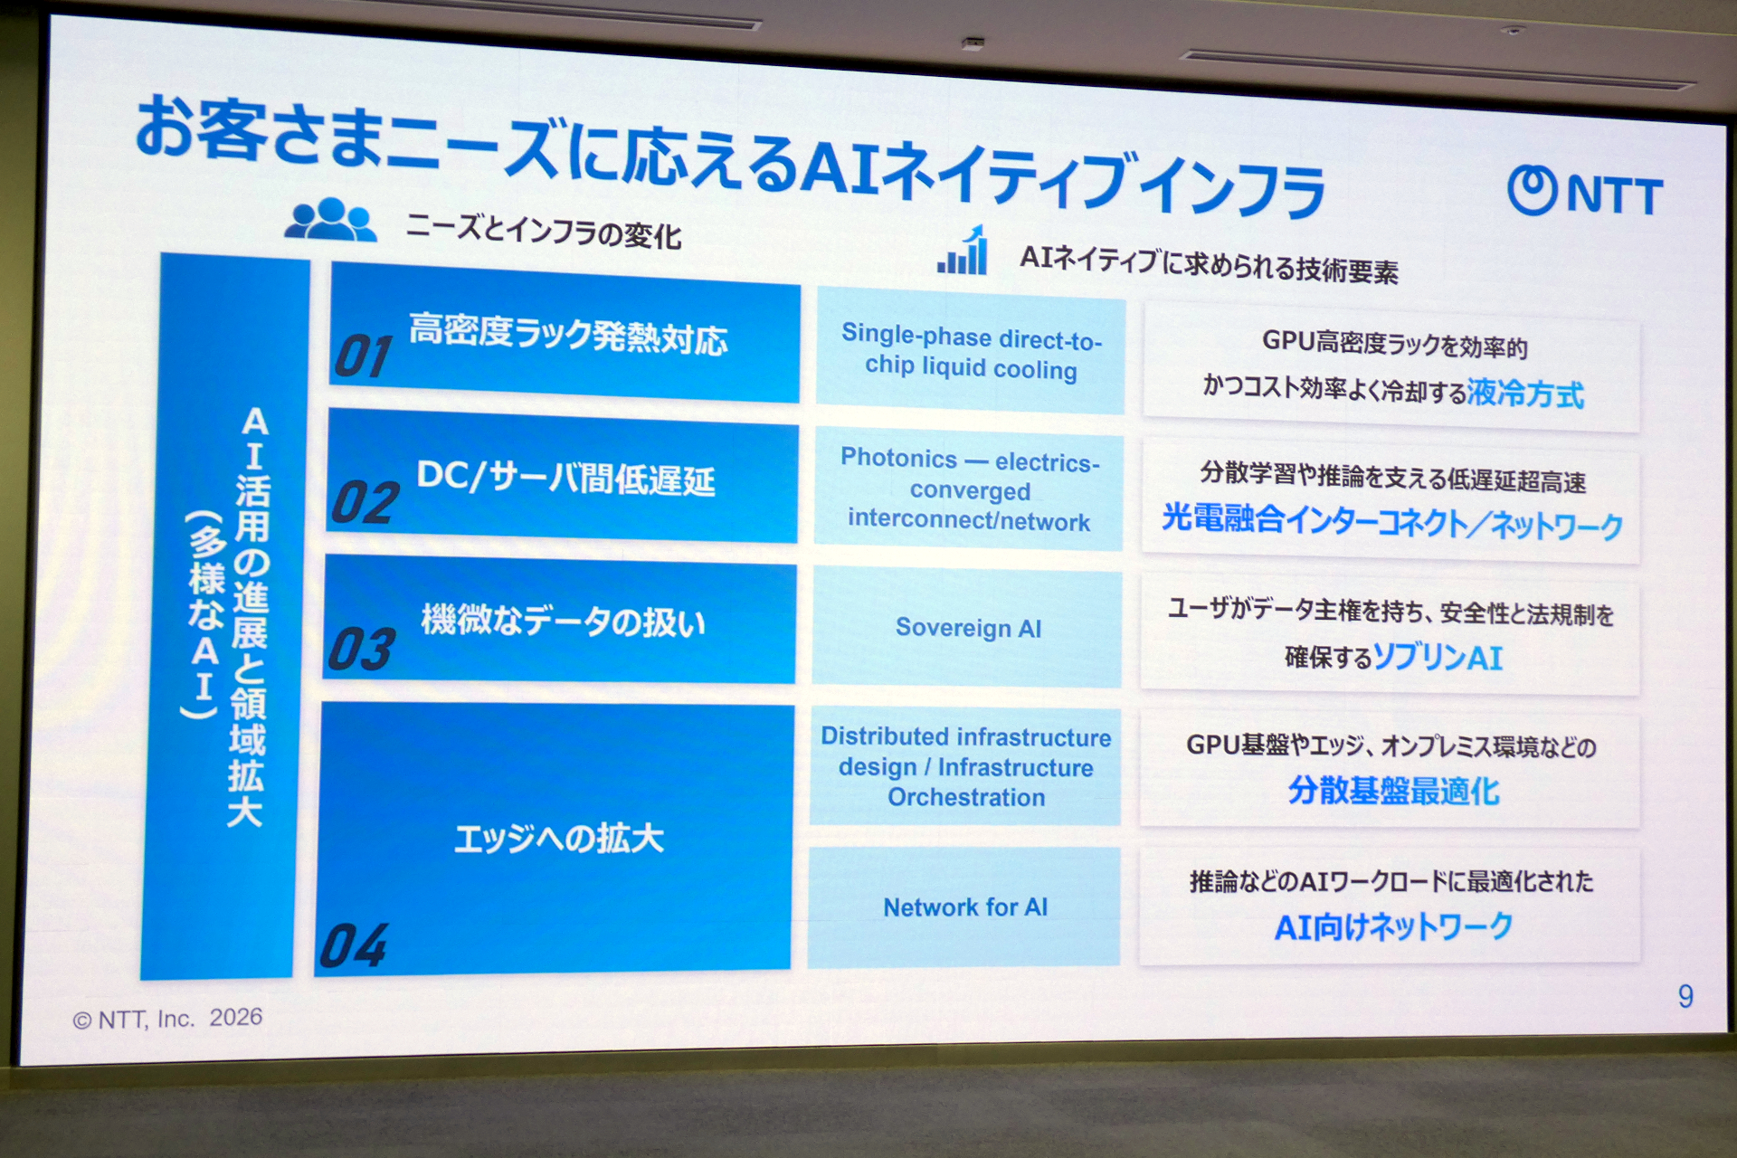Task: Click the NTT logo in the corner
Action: [1585, 192]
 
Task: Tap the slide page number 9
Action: [1685, 996]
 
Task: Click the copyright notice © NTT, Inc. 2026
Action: [167, 1019]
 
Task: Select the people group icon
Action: [330, 219]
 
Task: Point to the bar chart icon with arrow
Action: [963, 251]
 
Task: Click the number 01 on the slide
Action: [364, 356]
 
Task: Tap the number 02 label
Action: [365, 502]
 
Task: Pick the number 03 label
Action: [362, 649]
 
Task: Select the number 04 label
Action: [354, 945]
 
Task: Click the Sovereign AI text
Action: [968, 628]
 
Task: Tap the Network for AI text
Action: [965, 907]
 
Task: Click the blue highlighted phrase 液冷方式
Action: [1525, 394]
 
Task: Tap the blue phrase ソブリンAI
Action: [1438, 657]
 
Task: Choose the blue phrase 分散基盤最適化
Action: [1393, 791]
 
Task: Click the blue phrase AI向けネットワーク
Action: [1393, 926]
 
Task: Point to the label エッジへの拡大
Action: [558, 839]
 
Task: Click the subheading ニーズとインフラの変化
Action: [543, 232]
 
